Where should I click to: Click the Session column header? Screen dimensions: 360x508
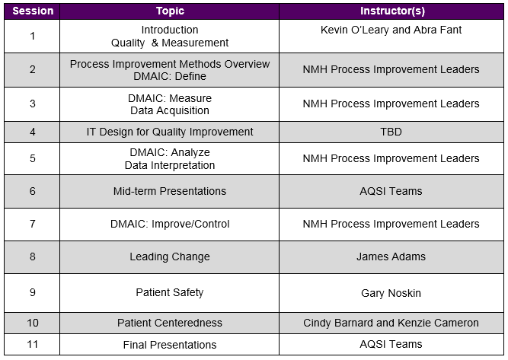pyautogui.click(x=33, y=11)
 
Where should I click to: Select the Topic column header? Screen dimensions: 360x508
pyautogui.click(x=170, y=11)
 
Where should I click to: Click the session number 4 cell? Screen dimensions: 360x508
pyautogui.click(x=33, y=132)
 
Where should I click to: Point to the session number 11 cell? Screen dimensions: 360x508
pyautogui.click(x=33, y=345)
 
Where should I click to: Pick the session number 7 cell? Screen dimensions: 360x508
pyautogui.click(x=33, y=224)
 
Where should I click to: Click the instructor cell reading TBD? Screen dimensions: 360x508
pyautogui.click(x=391, y=132)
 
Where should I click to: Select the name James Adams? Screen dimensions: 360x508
pyautogui.click(x=391, y=256)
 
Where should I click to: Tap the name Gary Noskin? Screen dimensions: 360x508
pyautogui.click(x=391, y=292)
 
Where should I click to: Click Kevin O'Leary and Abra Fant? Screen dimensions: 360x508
pyautogui.click(x=391, y=30)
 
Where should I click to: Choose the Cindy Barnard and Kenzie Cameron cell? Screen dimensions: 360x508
pyautogui.click(x=391, y=323)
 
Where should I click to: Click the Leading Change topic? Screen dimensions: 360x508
pyautogui.click(x=170, y=256)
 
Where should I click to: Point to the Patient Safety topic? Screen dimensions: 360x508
pyautogui.click(x=170, y=292)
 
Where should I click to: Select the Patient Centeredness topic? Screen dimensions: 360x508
pyautogui.click(x=170, y=323)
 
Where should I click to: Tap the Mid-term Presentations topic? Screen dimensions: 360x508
pyautogui.click(x=170, y=191)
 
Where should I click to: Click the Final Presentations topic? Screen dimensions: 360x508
pyautogui.click(x=170, y=345)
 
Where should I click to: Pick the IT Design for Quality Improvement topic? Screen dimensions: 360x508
pyautogui.click(x=170, y=132)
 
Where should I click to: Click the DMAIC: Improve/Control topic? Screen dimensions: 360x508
pyautogui.click(x=170, y=224)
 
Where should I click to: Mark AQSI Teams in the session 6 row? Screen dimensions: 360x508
pyautogui.click(x=391, y=191)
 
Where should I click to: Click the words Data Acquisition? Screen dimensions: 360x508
pyautogui.click(x=170, y=110)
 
